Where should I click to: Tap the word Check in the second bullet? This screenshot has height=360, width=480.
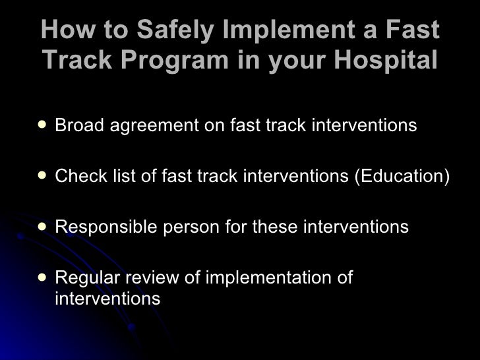coord(76,176)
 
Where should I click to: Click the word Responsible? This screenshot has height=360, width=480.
coord(106,227)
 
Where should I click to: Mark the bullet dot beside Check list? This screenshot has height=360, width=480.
coord(42,176)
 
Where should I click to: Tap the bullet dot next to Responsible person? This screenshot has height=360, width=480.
coord(42,227)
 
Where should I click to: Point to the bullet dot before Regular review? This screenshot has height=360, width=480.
coord(42,278)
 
